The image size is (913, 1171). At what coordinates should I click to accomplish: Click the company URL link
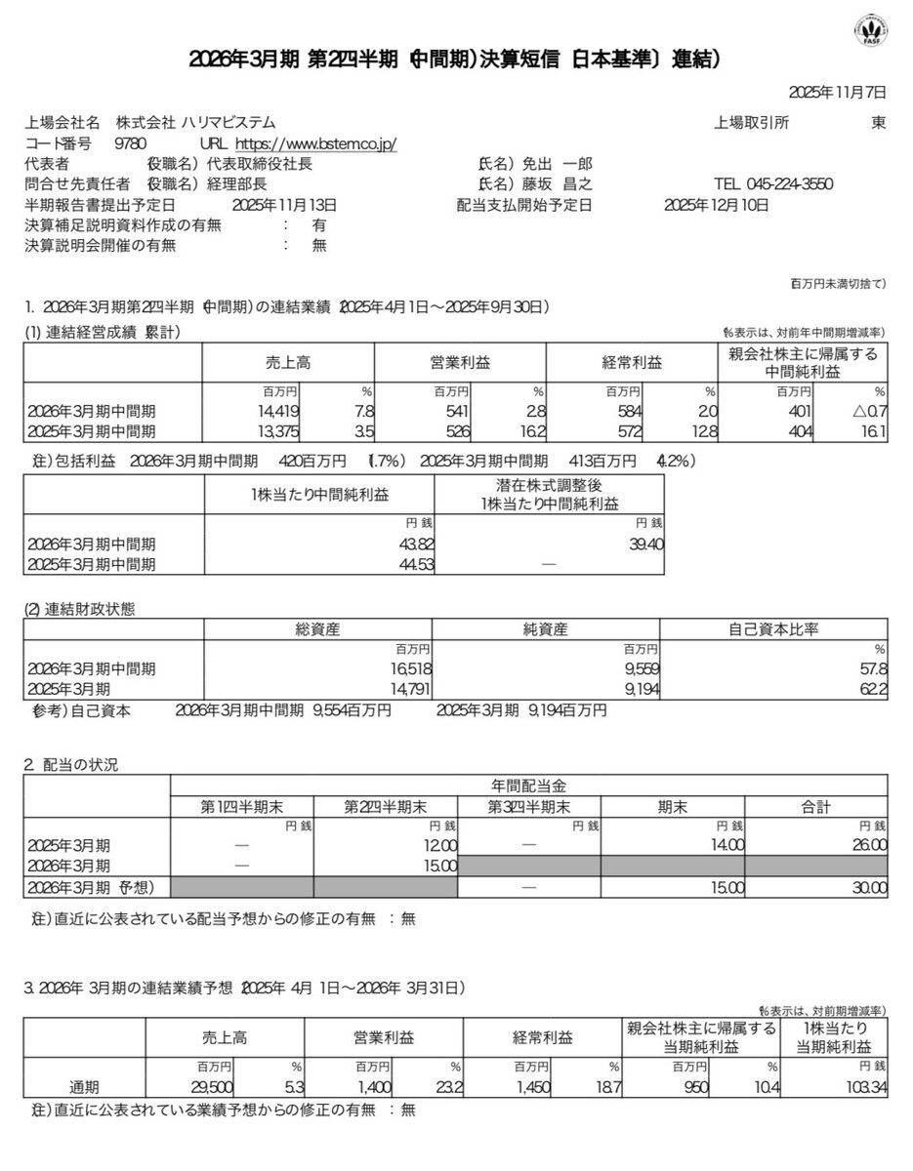317,144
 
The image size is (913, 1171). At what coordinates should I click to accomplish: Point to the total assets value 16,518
398,669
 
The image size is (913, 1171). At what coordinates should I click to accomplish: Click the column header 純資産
545,630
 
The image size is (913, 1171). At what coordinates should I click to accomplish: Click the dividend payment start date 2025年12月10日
716,205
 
